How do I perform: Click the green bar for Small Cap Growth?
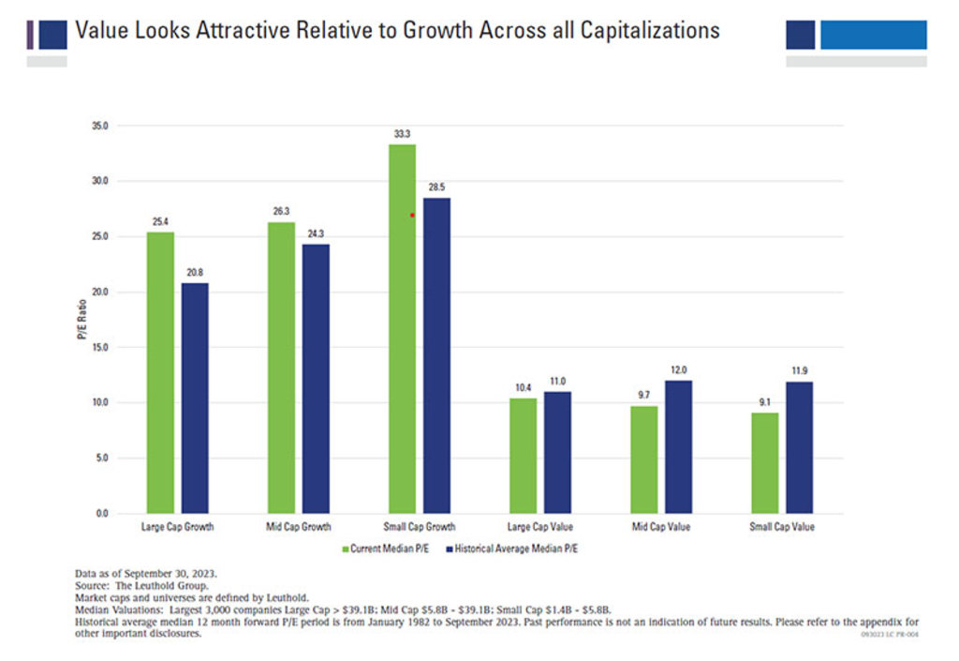402,328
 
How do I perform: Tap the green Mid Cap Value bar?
644,459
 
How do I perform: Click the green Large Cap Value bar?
523,456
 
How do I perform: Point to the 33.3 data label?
402,134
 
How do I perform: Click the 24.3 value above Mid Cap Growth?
316,234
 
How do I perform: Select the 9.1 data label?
764,403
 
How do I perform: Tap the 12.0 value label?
679,370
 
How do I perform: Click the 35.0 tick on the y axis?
99,126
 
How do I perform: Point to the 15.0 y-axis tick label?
99,347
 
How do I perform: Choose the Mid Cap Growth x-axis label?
299,527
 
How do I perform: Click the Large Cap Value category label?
539,527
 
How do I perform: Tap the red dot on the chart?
412,215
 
